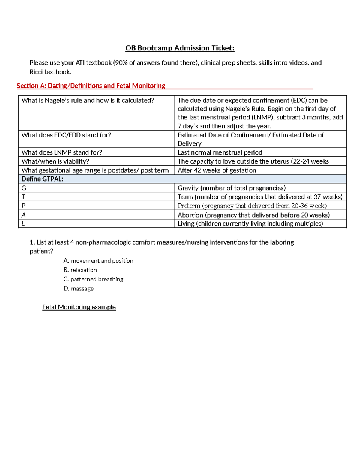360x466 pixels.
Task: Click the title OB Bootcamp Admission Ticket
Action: (x=180, y=48)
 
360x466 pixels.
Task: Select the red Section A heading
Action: (x=91, y=86)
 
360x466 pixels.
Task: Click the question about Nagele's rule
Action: (x=88, y=101)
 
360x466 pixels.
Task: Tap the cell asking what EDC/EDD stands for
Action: (x=66, y=135)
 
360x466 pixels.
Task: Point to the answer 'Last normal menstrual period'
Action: (x=220, y=152)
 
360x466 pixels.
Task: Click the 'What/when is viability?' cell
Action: (x=55, y=161)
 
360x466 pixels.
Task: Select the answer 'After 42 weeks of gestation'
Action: (x=217, y=170)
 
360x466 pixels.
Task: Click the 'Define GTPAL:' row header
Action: (x=42, y=179)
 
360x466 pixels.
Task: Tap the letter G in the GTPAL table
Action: (x=24, y=188)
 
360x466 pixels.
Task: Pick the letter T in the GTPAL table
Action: (x=23, y=197)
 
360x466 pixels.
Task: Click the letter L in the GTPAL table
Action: (x=23, y=224)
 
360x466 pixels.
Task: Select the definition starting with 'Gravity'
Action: (x=232, y=188)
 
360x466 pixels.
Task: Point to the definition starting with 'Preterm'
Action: (x=252, y=206)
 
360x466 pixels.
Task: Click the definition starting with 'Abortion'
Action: (x=253, y=215)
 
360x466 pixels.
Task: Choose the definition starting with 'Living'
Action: (x=250, y=224)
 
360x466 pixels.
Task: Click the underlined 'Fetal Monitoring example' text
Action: (x=79, y=307)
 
